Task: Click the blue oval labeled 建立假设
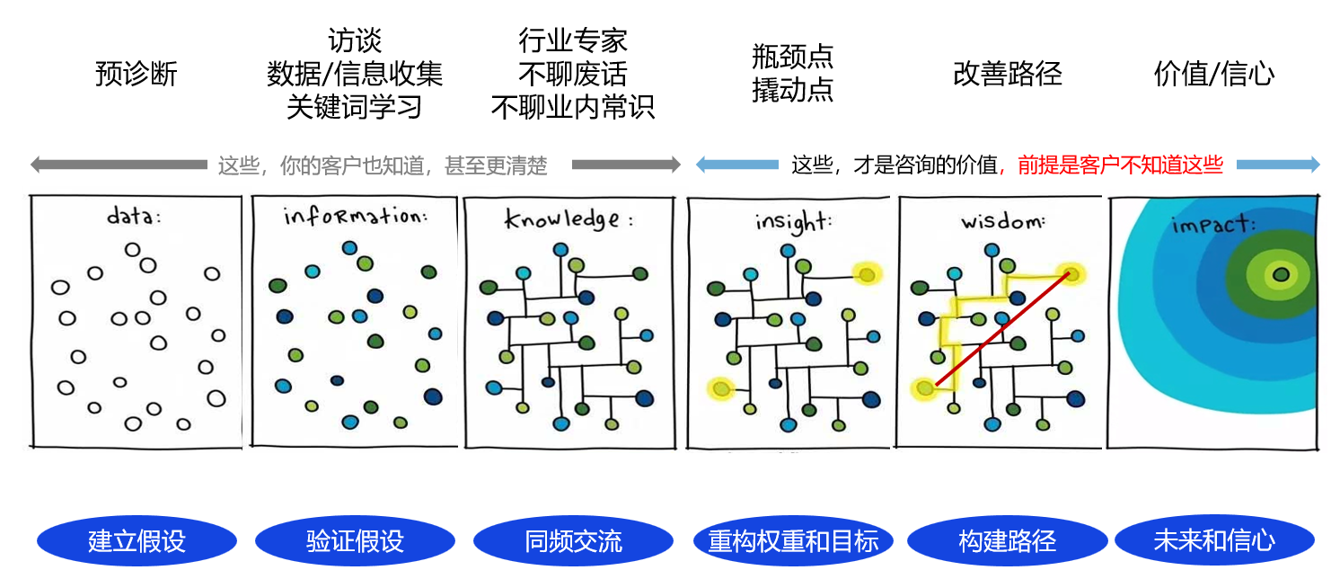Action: (137, 541)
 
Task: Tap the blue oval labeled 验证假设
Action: (356, 541)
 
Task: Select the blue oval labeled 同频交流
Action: (573, 541)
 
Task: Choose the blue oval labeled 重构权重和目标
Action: (793, 541)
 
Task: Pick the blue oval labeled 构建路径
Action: (1007, 541)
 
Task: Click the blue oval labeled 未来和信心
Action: (1214, 541)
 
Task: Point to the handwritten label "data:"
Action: (134, 216)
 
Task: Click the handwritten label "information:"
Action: (356, 216)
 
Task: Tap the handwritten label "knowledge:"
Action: (569, 219)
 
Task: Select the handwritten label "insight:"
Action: (793, 222)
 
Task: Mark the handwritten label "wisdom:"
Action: (1003, 222)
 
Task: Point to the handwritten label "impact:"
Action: (1213, 225)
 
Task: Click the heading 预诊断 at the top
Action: (137, 75)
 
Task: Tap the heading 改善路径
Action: (1008, 75)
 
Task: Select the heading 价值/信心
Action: (1214, 75)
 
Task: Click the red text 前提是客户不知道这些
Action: (1121, 165)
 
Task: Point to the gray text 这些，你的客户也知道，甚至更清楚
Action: (383, 165)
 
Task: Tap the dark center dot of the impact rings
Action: (1281, 274)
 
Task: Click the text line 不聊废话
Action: (573, 75)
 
